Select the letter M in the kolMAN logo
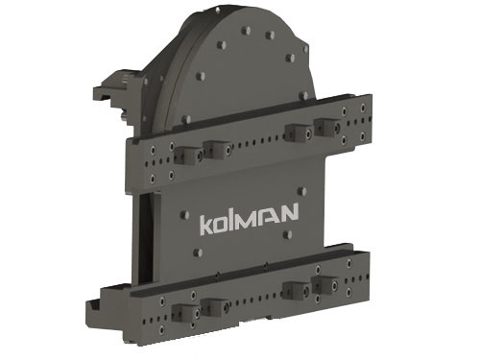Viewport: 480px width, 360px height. pyautogui.click(x=248, y=221)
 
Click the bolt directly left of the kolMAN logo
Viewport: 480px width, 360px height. pyautogui.click(x=184, y=215)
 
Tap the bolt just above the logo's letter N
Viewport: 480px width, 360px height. pyautogui.click(x=301, y=191)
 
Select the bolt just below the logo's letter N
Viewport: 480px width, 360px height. pyautogui.click(x=288, y=234)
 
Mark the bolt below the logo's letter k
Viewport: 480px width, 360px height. pyautogui.click(x=199, y=252)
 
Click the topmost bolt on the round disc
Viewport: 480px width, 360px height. pyautogui.click(x=246, y=31)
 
